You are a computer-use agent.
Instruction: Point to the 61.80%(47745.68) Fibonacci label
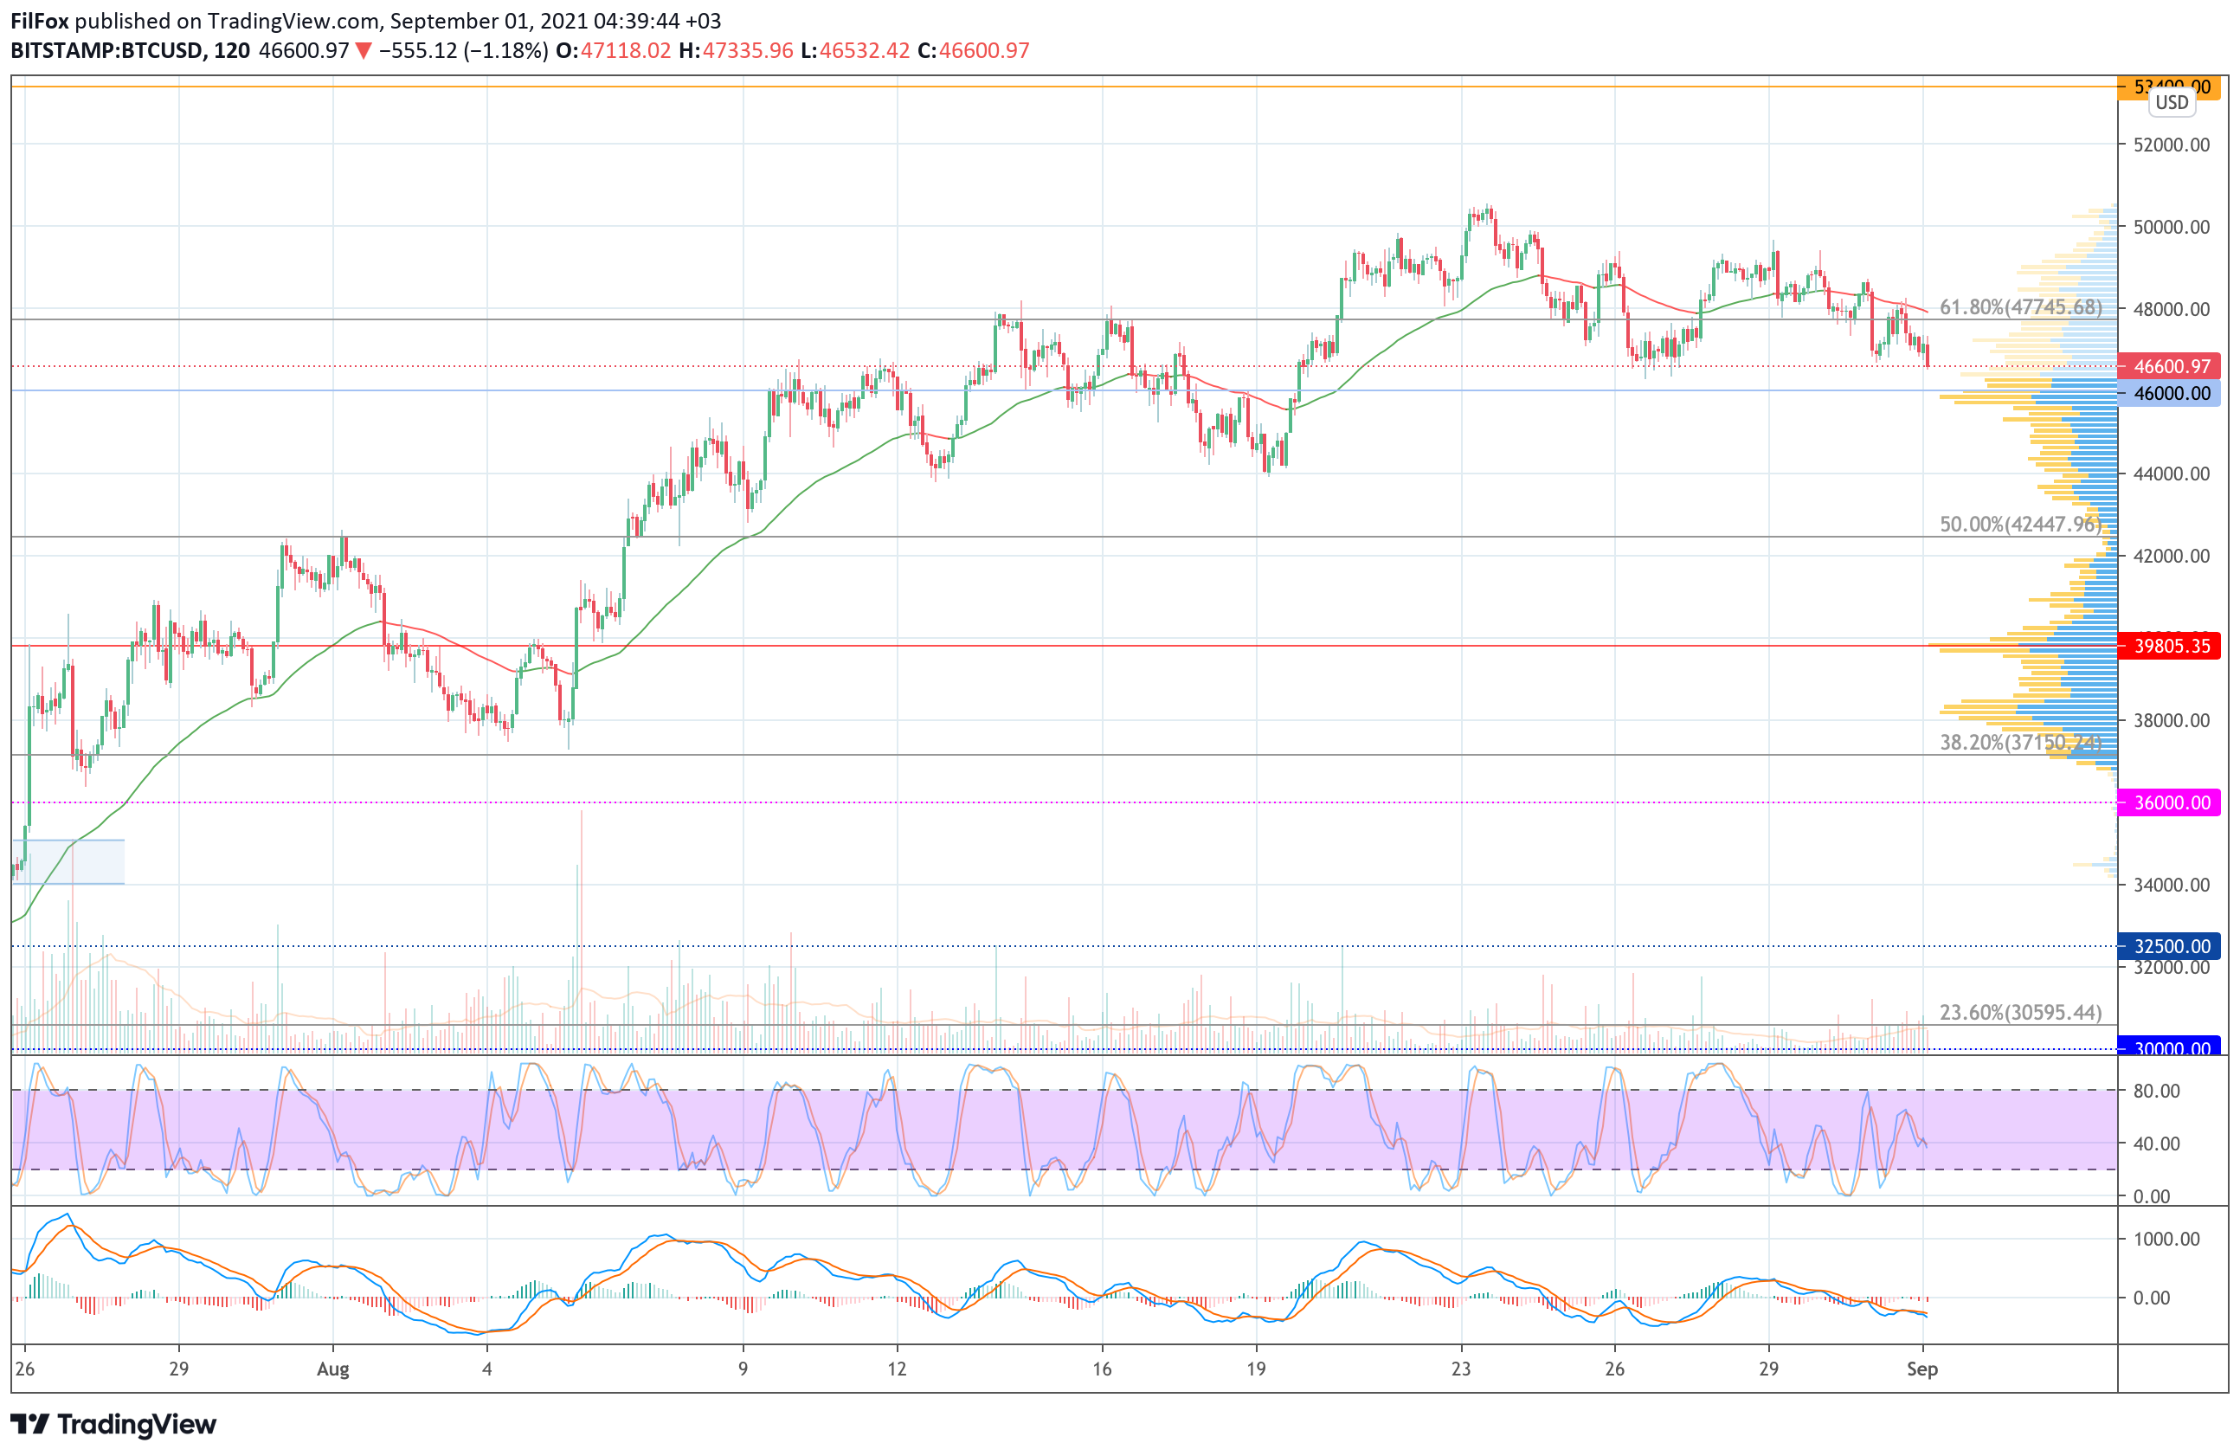pos(2020,308)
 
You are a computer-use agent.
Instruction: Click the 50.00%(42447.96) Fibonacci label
pos(2020,525)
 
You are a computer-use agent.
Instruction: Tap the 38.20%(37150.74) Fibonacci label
pos(2020,743)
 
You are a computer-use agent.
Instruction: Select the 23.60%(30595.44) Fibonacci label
pos(2020,1013)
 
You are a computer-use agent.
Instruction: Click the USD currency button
pos(2172,103)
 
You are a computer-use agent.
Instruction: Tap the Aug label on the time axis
pos(333,1369)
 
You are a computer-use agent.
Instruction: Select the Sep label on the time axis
pos(1921,1369)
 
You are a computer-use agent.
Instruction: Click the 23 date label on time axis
pos(1461,1369)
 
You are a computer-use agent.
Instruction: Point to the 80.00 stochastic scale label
pos(2156,1091)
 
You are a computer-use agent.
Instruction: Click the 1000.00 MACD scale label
pos(2166,1240)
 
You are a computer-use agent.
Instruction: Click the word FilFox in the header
pos(40,21)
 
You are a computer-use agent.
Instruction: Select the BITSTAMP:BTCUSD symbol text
pos(107,51)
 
